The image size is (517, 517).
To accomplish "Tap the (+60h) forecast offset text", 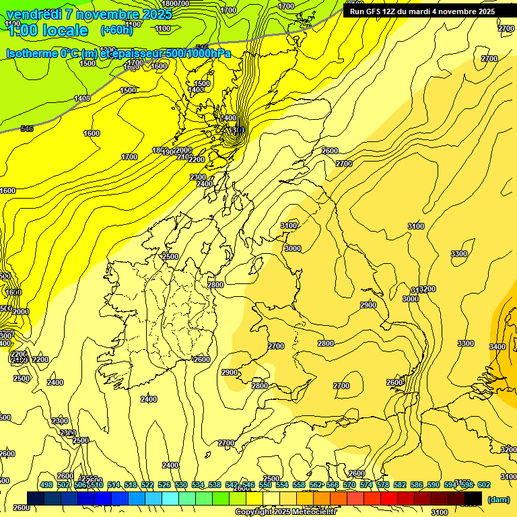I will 117,30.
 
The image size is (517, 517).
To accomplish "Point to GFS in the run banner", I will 376,11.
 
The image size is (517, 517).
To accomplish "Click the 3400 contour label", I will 497,347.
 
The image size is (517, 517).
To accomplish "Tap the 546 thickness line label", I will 27,129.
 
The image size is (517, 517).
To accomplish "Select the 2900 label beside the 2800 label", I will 230,372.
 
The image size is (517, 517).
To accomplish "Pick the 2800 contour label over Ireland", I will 215,285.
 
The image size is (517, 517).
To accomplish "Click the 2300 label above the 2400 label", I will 198,177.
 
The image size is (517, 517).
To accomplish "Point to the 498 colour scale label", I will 46,485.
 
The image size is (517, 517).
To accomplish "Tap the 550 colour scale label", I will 265,485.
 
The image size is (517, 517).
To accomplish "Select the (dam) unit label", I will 498,499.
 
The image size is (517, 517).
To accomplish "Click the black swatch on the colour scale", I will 473,498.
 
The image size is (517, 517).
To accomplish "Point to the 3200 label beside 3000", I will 427,289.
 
